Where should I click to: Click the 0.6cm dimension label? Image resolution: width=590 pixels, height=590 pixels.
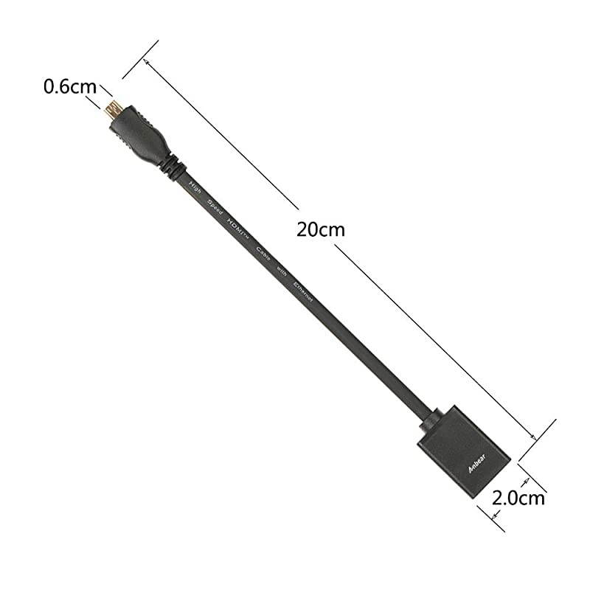click(x=70, y=86)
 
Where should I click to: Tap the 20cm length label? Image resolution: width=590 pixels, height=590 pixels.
click(x=321, y=228)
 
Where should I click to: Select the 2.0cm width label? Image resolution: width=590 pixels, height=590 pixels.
click(x=518, y=499)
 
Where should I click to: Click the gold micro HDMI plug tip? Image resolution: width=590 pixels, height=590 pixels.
click(x=110, y=110)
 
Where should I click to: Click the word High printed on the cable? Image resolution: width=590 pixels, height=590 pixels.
click(x=195, y=186)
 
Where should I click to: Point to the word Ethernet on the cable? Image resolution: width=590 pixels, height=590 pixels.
click(x=304, y=294)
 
